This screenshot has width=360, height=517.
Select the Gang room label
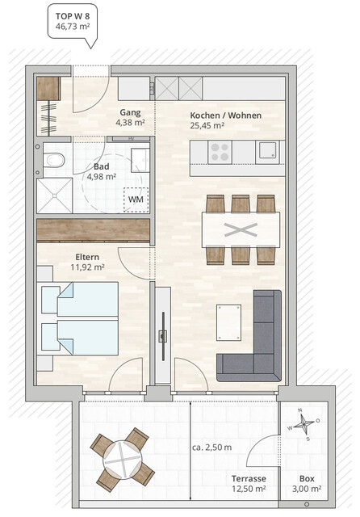(x=130, y=112)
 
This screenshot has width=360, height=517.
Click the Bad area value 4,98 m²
(x=101, y=177)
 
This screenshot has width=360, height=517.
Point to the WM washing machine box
(x=135, y=199)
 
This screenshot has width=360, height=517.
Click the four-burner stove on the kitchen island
(x=220, y=150)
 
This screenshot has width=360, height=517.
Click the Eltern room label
(x=79, y=255)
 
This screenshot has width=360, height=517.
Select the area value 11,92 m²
(x=88, y=267)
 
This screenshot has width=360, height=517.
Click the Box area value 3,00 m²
(x=306, y=490)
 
